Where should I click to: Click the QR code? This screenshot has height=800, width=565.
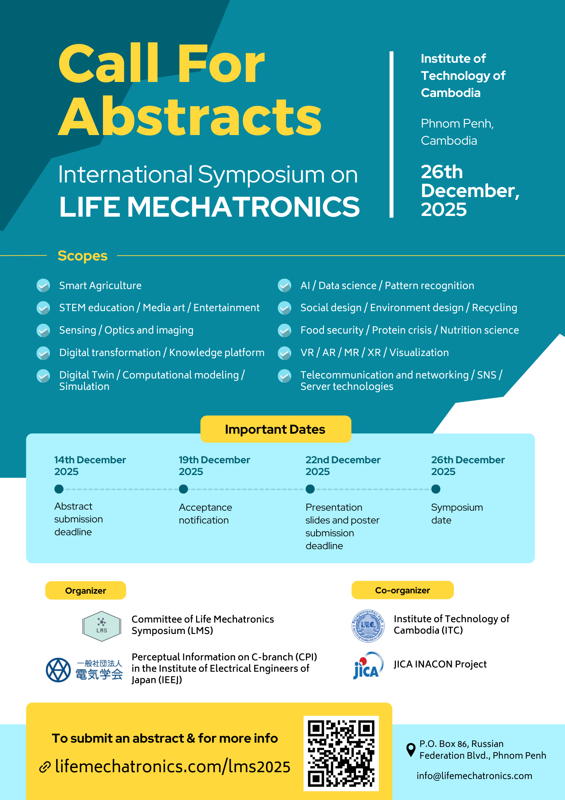click(x=341, y=753)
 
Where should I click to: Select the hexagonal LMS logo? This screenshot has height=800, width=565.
click(x=101, y=626)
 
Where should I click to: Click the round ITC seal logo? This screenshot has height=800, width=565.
click(x=368, y=626)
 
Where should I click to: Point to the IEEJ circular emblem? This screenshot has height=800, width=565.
click(x=58, y=670)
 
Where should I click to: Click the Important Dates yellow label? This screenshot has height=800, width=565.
click(x=276, y=429)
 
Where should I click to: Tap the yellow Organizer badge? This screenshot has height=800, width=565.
click(x=85, y=590)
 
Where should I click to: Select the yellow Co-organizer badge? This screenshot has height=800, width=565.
click(x=402, y=590)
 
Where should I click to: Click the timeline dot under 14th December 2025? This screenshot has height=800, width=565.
click(x=59, y=489)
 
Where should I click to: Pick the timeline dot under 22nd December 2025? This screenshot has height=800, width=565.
click(x=310, y=489)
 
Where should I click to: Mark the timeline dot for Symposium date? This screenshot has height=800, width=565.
click(x=436, y=489)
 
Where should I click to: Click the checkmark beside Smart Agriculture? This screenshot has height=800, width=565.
click(x=43, y=285)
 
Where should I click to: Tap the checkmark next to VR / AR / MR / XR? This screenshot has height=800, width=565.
click(x=284, y=353)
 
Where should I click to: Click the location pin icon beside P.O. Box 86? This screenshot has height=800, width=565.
click(x=411, y=749)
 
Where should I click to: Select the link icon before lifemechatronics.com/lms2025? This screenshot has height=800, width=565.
click(x=45, y=767)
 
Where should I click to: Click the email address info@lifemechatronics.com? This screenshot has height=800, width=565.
click(x=474, y=776)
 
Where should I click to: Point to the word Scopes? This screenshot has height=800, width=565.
click(x=83, y=256)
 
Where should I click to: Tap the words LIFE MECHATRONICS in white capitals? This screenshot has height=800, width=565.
click(x=209, y=207)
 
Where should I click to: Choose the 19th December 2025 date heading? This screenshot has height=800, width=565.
click(x=214, y=465)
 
